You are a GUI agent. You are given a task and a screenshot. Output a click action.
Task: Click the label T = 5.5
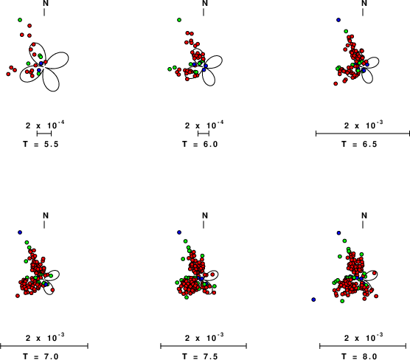pos(41,144)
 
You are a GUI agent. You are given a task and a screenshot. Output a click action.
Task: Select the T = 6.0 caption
pos(200,144)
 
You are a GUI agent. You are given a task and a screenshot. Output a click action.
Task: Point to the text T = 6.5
pos(359,144)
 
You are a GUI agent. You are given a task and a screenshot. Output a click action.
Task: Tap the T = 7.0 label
pos(41,356)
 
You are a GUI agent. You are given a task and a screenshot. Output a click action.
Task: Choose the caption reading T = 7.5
pos(200,356)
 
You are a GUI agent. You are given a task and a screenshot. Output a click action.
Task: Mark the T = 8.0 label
pos(359,356)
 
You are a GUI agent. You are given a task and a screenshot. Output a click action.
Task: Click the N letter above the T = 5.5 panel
pos(46,3)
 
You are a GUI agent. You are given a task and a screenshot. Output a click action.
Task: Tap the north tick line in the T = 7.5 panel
pos(204,224)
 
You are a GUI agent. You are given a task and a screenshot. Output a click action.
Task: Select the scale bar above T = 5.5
pos(44,134)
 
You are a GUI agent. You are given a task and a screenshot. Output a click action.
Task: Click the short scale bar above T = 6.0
pos(204,134)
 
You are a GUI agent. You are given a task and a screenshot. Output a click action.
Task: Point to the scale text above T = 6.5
pos(364,125)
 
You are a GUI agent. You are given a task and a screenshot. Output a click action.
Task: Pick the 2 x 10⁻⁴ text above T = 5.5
pos(45,125)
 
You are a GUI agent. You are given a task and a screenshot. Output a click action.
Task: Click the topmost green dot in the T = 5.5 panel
pos(20,20)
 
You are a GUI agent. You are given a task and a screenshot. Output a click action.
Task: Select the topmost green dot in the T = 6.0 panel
pos(179,20)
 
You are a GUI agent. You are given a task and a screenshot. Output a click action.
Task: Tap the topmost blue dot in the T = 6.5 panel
pos(338,20)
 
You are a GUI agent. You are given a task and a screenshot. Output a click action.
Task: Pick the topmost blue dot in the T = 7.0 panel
pos(20,232)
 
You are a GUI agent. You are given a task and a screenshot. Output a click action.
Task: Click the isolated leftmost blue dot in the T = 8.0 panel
pos(313,300)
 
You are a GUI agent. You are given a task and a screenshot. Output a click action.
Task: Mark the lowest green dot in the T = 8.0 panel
pos(342,301)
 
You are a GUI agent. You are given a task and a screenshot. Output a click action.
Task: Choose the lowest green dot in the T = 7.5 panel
pos(187,297)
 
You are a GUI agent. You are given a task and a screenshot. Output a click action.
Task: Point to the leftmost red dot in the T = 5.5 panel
pos(8,75)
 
